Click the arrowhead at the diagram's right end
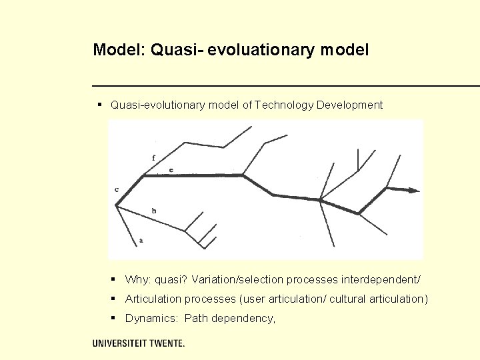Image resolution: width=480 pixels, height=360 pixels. [413, 190]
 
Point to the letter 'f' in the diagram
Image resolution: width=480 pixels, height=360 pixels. [154, 157]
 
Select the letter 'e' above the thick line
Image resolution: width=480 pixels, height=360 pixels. [171, 171]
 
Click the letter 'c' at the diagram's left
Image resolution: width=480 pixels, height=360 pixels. [117, 189]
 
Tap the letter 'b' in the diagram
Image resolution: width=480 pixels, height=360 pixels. [154, 211]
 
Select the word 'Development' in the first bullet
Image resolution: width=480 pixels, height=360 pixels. [350, 105]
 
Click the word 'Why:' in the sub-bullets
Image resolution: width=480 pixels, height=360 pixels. [137, 279]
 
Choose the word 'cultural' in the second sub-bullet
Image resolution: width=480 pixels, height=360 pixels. [347, 299]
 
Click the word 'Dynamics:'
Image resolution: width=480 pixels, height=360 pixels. [151, 319]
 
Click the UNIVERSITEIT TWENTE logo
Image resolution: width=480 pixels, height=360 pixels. [139, 343]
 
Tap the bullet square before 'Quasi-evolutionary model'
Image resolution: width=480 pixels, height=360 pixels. [99, 105]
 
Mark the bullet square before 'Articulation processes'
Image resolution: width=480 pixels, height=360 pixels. [115, 299]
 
